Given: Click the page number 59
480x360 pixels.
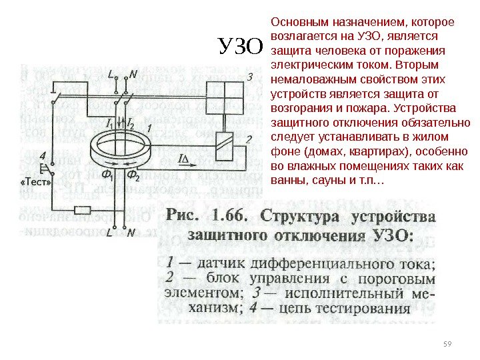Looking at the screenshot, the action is click(x=447, y=344).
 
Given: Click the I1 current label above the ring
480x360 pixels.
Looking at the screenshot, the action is click(x=110, y=123).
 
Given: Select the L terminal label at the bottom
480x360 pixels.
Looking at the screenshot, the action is click(x=109, y=233).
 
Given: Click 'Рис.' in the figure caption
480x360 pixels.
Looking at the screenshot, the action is click(x=184, y=217).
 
